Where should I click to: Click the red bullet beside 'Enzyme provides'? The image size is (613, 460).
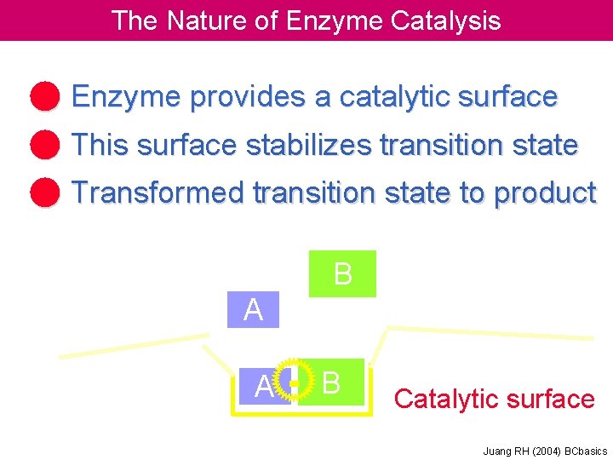tap(45, 96)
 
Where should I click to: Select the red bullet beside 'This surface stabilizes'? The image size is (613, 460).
tap(45, 145)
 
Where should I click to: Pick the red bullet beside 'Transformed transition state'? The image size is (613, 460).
tap(45, 193)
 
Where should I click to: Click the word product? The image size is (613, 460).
tap(544, 193)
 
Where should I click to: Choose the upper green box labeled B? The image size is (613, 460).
tap(342, 273)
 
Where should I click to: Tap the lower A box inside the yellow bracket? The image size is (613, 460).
tap(263, 388)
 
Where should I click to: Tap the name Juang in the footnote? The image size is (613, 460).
tap(496, 451)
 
